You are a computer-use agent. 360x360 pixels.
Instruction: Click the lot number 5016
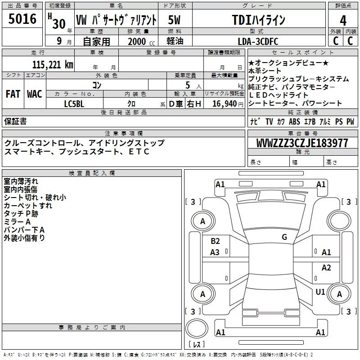pos(22,18)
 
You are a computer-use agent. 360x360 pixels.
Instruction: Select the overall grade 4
pos(343,21)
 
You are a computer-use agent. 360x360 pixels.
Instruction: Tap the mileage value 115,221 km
pos(53,65)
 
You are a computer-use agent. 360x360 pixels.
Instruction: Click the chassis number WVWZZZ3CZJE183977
pos(302,143)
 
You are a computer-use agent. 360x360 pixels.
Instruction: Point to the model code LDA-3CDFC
pos(258,41)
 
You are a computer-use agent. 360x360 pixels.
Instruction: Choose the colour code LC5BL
pos(74,104)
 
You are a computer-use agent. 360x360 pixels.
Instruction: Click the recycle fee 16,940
pos(225,104)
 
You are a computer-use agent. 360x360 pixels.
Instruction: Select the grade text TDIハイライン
pos(258,20)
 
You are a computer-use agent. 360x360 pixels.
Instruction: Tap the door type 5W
pos(174,20)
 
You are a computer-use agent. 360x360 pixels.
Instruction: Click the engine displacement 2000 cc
pos(141,41)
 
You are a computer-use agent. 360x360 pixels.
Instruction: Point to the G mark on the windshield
pos(284,237)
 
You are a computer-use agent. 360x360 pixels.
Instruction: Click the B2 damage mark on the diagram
pos(215,241)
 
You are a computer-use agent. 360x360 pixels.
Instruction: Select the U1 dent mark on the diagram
pos(320,292)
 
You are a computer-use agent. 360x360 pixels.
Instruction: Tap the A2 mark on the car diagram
pos(326,267)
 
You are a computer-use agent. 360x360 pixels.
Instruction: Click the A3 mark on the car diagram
pos(215,252)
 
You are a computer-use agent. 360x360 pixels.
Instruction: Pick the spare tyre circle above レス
pos(197,328)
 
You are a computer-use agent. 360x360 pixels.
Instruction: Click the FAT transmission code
pos(13,94)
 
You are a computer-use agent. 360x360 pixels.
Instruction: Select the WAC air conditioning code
pos(35,94)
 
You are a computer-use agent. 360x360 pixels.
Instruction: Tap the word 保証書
pos(15,121)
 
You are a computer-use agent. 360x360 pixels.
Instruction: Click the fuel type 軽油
pos(175,41)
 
